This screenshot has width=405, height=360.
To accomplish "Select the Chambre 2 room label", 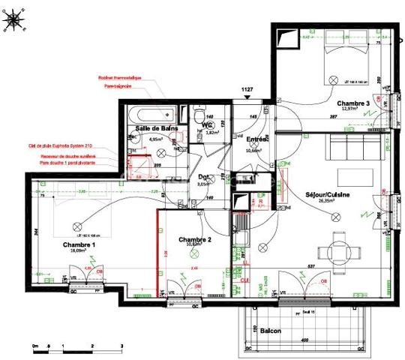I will pyautogui.click(x=195, y=239).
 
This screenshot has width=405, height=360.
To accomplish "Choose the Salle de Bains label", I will pyautogui.click(x=155, y=129).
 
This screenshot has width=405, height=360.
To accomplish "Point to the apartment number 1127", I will pyautogui.click(x=247, y=91).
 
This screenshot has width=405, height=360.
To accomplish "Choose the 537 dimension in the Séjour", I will pyautogui.click(x=310, y=265).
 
